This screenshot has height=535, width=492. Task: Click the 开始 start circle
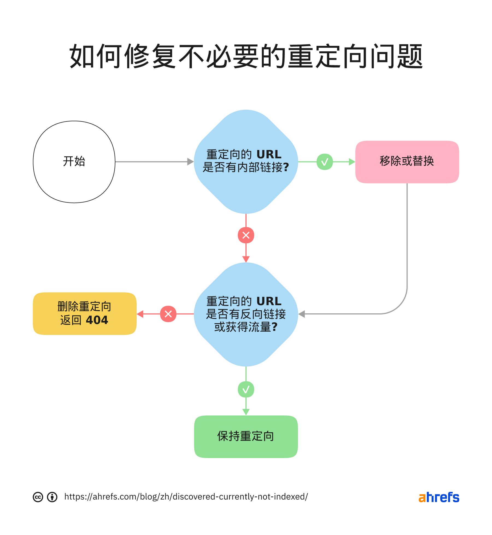tap(74, 162)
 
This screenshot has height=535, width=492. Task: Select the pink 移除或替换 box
tap(407, 162)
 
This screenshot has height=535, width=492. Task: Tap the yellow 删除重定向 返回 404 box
tap(84, 313)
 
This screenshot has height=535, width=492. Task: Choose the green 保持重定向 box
tap(246, 436)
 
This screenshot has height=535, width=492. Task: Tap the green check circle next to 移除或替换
tap(324, 162)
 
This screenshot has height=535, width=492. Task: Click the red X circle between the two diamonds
tap(246, 235)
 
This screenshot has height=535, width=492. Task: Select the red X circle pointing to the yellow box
tap(168, 314)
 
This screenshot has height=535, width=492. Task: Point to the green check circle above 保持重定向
tap(246, 389)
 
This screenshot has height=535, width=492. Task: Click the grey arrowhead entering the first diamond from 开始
tap(191, 162)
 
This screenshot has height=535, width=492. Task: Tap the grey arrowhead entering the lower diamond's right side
tap(301, 314)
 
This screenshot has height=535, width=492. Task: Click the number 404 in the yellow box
tap(97, 320)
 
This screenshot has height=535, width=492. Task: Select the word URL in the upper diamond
tap(269, 154)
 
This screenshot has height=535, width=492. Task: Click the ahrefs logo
tap(439, 497)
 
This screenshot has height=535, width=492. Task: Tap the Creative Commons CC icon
tap(38, 497)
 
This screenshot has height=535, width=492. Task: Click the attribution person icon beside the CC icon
tap(52, 497)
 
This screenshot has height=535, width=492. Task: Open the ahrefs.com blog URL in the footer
tap(186, 497)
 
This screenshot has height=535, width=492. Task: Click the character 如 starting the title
tap(81, 56)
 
